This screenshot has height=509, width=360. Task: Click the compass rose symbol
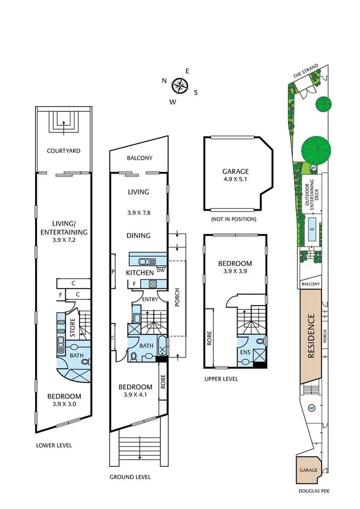[180, 86]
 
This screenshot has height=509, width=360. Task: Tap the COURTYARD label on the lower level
[63, 151]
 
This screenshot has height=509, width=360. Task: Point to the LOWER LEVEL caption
[54, 445]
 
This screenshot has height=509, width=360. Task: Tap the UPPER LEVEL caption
[220, 379]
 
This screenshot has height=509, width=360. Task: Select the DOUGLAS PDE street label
[313, 491]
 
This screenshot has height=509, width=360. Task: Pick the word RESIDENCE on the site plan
[311, 336]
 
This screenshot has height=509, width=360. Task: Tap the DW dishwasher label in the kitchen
[160, 270]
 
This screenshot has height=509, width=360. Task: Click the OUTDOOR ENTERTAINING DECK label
[311, 196]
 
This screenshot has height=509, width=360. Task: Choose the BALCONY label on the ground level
[140, 158]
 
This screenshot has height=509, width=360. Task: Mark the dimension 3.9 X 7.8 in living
[138, 212]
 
